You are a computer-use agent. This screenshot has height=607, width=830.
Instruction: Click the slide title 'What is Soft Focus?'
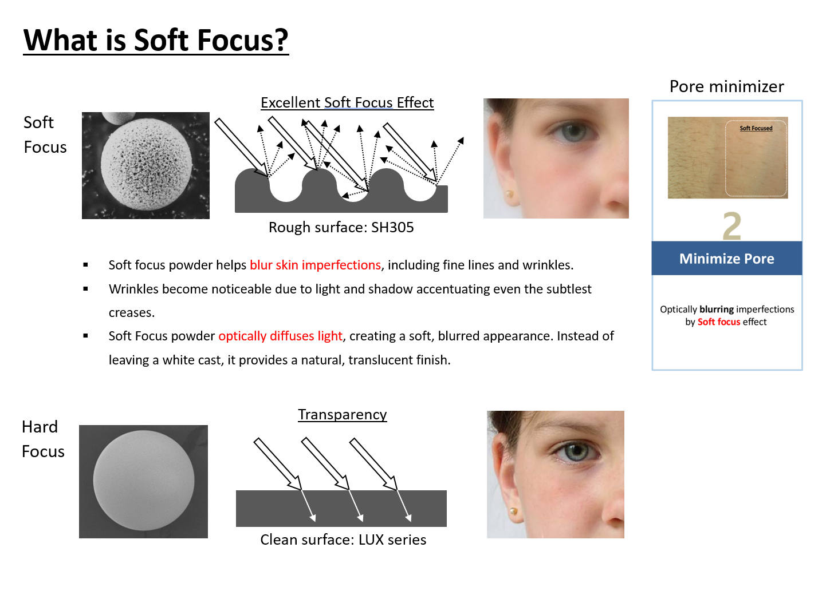pos(156,40)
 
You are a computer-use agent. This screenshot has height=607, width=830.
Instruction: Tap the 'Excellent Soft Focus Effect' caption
pos(347,102)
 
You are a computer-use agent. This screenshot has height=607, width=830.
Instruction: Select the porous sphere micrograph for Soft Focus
pos(145,165)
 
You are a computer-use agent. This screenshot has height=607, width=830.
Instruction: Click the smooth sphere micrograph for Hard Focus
pos(143,481)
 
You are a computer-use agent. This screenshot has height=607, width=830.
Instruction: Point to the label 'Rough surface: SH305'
pos(341,227)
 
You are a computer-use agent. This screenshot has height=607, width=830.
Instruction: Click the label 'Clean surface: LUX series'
pos(343,539)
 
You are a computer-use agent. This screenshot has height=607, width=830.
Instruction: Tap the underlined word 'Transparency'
pos(343,415)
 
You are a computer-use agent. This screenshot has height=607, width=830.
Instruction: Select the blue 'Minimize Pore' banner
pos(727,259)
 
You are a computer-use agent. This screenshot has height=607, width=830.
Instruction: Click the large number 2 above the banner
pos(732,226)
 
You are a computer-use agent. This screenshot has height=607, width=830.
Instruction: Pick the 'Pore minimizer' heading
pos(727,86)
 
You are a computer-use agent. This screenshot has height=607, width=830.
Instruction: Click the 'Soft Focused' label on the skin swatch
pos(756,128)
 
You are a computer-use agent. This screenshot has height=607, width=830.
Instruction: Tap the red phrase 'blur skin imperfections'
pos(315,265)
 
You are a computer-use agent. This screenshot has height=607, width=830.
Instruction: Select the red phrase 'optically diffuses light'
pos(280,336)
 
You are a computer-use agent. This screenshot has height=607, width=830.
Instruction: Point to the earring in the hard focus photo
pos(514,511)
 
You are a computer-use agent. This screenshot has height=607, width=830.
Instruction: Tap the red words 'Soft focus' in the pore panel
pos(719,322)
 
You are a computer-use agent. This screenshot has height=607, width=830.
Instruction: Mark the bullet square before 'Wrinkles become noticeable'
pos(85,289)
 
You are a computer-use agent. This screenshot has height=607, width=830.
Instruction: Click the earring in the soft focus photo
pos(510,194)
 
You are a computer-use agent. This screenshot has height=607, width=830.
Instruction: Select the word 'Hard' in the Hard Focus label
pos(40,427)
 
